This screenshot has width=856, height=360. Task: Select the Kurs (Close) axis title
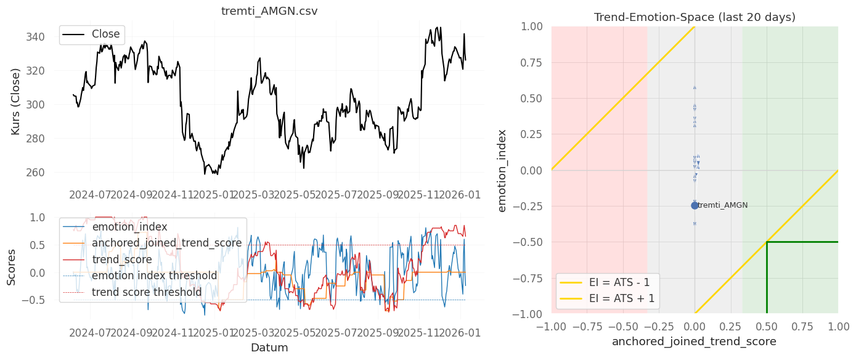coord(16,102)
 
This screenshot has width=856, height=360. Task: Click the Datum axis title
coord(269,348)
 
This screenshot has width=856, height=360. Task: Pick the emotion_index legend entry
coord(129,227)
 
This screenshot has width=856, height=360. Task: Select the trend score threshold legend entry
coord(147,292)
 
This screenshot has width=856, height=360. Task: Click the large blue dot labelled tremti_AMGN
coord(695,205)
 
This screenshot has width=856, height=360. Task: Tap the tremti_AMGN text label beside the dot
coord(723,205)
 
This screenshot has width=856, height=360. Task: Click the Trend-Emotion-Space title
coord(695,17)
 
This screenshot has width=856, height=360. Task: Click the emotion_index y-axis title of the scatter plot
coord(502,170)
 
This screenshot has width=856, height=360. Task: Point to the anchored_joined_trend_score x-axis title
coord(694,341)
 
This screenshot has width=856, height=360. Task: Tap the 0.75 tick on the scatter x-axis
coord(802,325)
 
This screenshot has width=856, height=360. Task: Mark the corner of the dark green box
coord(767,242)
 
